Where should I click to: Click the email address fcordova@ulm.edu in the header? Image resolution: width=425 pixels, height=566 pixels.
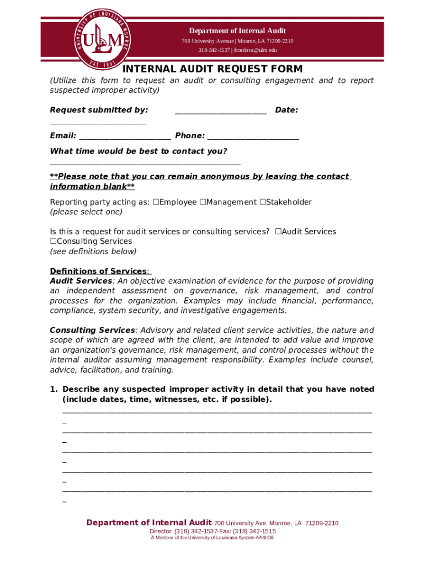(256, 50)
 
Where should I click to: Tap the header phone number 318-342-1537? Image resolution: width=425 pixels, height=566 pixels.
(214, 50)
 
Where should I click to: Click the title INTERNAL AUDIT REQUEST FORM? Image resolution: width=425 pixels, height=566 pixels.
(212, 69)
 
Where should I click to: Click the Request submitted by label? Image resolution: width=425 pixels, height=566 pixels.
(99, 110)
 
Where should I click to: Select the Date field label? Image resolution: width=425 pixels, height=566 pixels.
(286, 110)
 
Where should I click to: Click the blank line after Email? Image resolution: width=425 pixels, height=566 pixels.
(125, 137)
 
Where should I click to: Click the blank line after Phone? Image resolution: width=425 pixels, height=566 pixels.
(253, 137)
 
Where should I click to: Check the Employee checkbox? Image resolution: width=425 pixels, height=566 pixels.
(156, 202)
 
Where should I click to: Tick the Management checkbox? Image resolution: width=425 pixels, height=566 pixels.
(203, 202)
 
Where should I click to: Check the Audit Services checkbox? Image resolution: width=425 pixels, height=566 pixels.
(278, 232)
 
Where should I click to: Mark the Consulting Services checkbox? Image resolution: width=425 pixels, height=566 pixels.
(54, 242)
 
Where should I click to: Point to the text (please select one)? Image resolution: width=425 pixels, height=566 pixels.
(86, 212)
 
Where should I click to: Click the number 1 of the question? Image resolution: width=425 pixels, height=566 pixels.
(53, 389)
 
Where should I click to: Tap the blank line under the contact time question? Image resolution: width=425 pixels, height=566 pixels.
(145, 163)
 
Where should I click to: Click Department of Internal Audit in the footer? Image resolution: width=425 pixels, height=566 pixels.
(148, 523)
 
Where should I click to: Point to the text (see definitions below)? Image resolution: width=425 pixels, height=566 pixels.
(93, 251)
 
